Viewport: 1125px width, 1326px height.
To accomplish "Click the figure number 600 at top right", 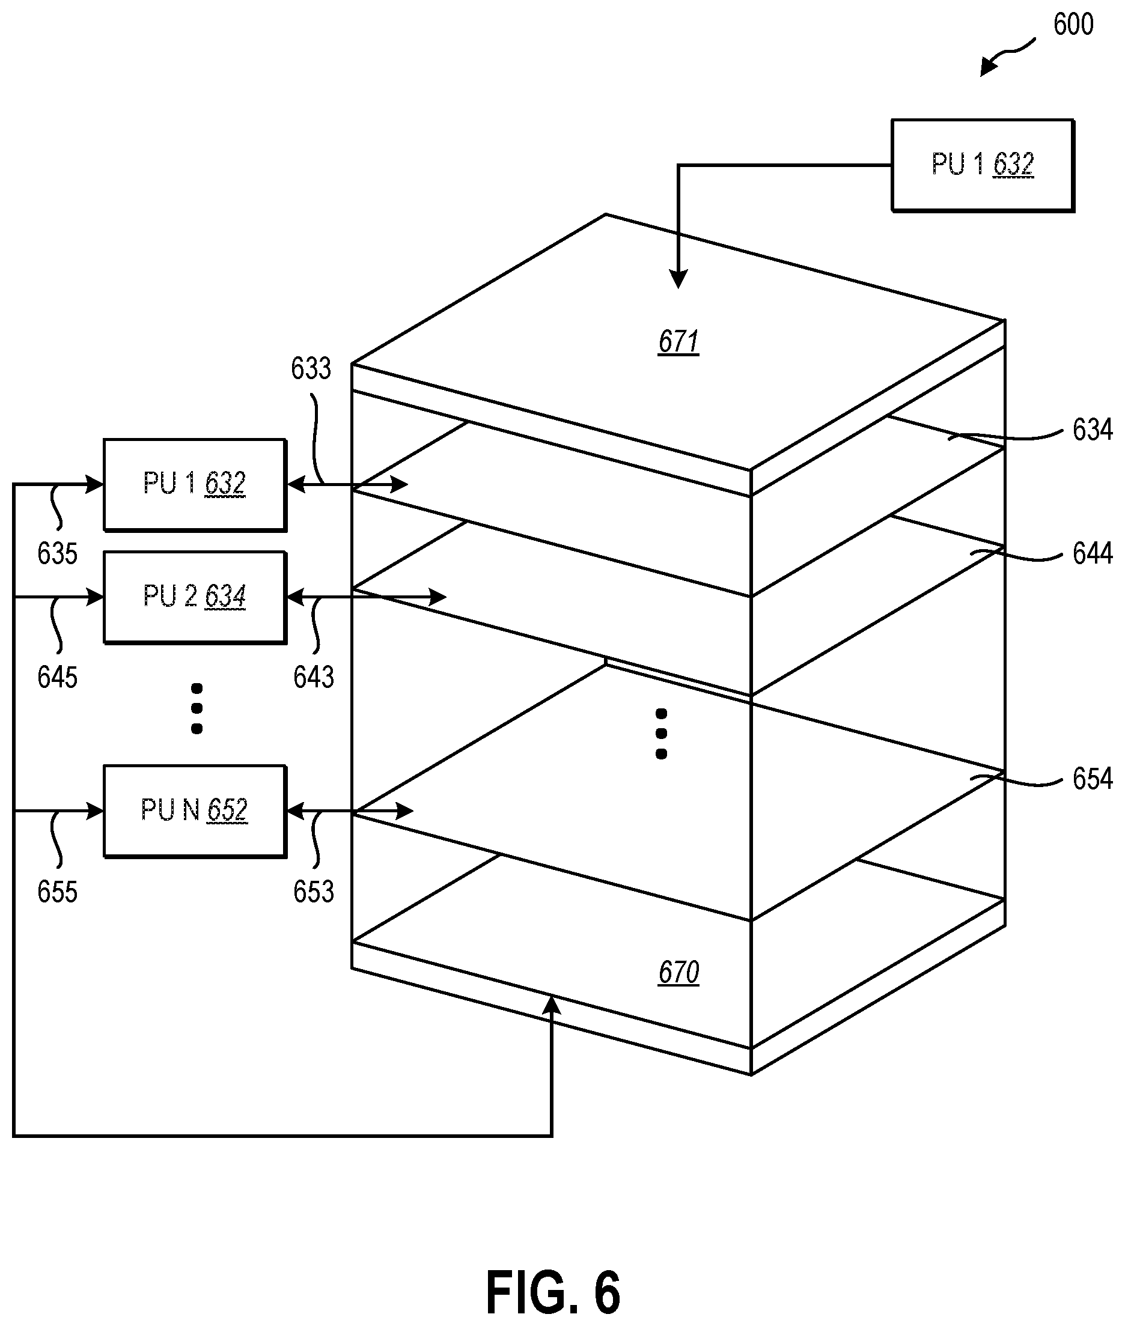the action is [x=1073, y=25].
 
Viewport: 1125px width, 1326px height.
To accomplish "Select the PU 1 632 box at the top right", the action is [x=983, y=165].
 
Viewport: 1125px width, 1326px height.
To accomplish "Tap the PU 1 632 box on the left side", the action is [x=195, y=484].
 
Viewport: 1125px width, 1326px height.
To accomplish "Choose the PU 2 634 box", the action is [x=195, y=597].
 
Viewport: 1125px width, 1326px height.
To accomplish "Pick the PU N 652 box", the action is [x=195, y=811].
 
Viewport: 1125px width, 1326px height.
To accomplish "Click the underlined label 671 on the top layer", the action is [x=678, y=342].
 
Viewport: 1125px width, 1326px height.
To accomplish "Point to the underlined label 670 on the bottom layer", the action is [x=678, y=973].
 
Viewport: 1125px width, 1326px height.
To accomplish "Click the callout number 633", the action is [x=311, y=368].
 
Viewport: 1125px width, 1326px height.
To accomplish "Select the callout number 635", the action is [x=58, y=553].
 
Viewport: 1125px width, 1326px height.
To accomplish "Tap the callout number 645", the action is [x=58, y=677].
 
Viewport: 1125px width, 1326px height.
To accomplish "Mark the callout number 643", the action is [x=314, y=677].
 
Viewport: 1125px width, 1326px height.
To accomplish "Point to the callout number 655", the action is [x=58, y=892].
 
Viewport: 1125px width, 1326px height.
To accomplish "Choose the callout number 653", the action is [x=314, y=892].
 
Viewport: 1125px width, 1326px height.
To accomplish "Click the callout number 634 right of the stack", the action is [x=1093, y=430].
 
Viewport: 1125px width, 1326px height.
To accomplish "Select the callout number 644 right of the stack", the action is [x=1093, y=553].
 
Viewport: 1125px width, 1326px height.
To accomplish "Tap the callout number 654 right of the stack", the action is [x=1093, y=779].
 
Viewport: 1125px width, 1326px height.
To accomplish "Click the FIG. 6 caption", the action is [x=553, y=1293].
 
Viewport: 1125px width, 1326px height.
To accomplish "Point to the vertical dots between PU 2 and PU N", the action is [x=197, y=708].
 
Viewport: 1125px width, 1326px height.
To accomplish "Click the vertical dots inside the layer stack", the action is [x=661, y=734].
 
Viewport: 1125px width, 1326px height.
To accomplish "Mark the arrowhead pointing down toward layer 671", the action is [x=678, y=279].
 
